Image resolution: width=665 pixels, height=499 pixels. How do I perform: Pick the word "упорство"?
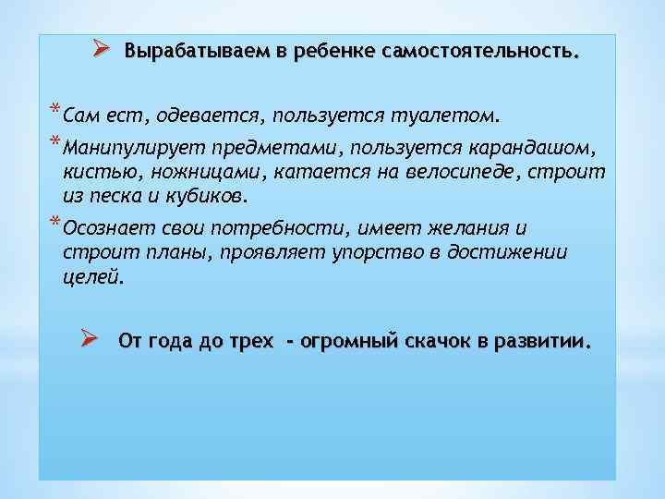tap(373, 252)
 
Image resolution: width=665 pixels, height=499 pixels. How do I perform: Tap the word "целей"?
tap(92, 277)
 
